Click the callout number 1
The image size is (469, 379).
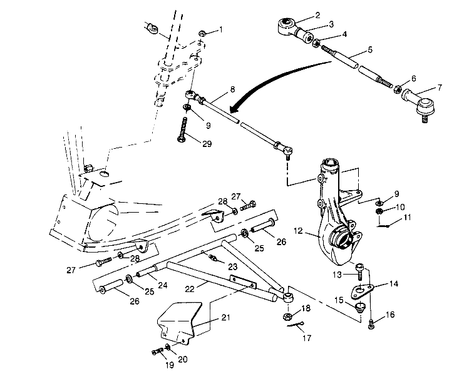point(220,30)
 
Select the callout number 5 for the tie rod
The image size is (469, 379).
point(370,49)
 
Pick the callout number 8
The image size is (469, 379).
point(232,89)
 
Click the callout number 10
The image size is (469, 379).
point(401,207)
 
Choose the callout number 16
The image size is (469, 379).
point(390,315)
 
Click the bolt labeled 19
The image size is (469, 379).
point(157,351)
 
